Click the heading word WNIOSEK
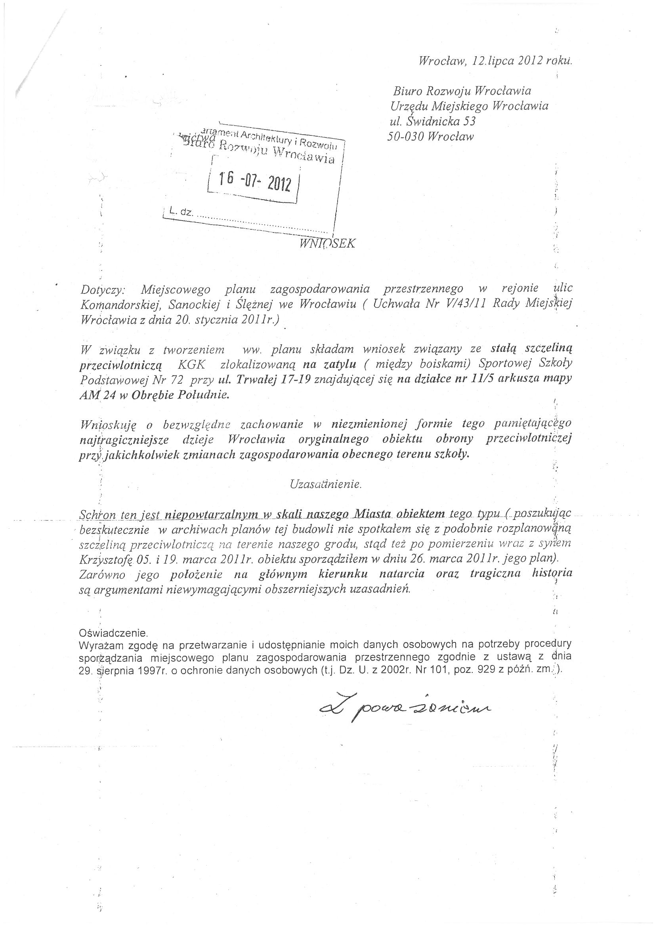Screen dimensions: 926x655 [x=327, y=244]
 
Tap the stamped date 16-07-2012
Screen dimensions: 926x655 [x=254, y=182]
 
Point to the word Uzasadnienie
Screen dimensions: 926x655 [x=326, y=484]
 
